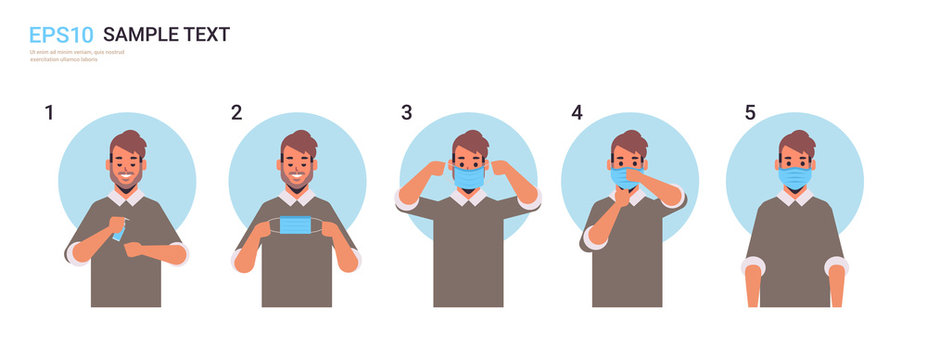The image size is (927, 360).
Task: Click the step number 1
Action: click(49, 112)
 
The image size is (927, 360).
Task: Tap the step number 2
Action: click(236, 112)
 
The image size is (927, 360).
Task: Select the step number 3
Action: click(406, 112)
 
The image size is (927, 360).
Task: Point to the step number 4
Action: click(577, 112)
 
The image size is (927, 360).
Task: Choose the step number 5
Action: click(749, 112)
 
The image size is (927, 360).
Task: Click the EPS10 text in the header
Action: click(60, 35)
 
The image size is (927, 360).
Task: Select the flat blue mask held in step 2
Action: click(296, 226)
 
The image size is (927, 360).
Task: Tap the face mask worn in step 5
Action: click(796, 177)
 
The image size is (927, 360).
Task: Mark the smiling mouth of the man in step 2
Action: click(298, 181)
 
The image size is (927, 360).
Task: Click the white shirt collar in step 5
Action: click(796, 198)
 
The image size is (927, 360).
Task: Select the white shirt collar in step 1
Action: click(127, 198)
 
